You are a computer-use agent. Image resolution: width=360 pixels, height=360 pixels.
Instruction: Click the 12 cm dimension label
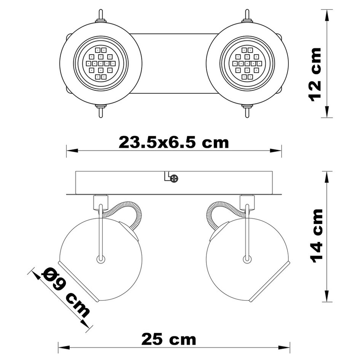coord(316,74)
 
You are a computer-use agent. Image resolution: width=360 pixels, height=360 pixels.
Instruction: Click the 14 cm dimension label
coord(317,236)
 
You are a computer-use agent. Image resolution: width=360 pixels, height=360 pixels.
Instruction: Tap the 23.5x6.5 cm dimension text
coord(174,142)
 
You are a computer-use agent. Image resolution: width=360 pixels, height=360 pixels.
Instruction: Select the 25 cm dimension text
coord(169,339)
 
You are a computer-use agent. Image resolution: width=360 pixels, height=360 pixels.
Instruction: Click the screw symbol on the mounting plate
coord(174,178)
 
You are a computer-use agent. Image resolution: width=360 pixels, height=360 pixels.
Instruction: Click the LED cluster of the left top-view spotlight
coord(101,63)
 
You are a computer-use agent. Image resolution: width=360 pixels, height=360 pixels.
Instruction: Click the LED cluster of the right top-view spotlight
coord(247,63)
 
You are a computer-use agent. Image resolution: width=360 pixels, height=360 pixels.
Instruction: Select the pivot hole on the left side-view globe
coord(101,259)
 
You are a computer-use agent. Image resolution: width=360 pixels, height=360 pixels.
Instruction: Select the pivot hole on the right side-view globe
coord(247,259)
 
